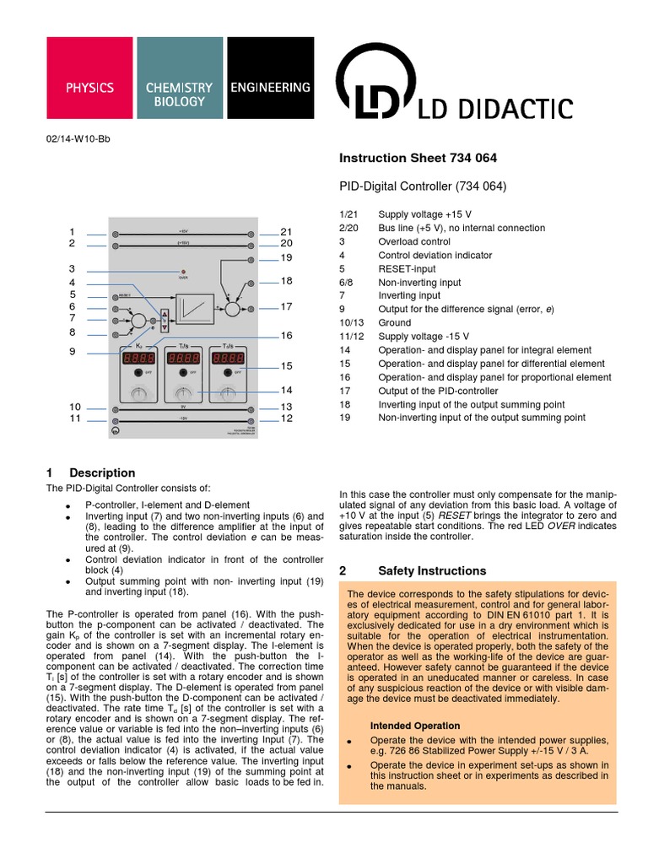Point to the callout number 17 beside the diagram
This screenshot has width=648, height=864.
(286, 307)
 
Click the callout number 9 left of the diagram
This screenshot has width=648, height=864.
(73, 352)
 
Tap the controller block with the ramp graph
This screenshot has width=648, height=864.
(194, 306)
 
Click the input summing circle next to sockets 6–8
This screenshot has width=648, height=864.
(143, 321)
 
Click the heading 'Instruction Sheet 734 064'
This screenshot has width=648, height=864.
(418, 158)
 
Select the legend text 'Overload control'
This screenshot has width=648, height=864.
(414, 241)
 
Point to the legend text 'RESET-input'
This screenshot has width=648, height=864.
(407, 269)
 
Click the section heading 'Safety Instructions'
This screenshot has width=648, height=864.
(432, 570)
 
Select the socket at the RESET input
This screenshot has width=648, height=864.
(115, 297)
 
